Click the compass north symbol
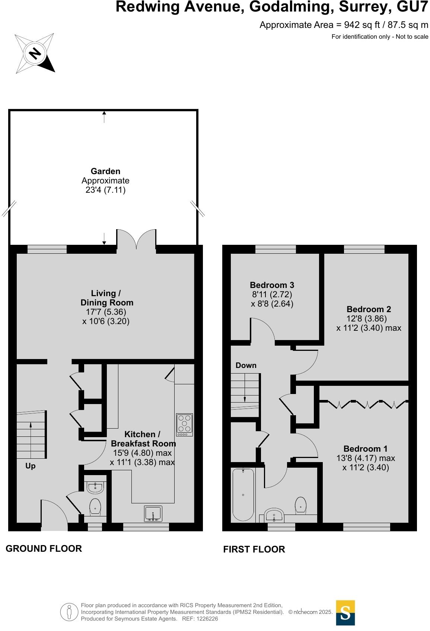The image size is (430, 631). (35, 53)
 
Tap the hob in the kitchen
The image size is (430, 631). (184, 425)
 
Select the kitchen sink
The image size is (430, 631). (153, 514)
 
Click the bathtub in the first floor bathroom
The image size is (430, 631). (243, 494)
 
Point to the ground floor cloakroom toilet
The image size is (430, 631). (95, 506)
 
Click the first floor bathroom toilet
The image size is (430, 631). (301, 505)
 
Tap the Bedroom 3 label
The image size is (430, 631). (272, 285)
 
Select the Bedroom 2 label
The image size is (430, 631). (369, 309)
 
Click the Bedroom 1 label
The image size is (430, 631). (365, 449)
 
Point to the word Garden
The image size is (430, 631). (105, 171)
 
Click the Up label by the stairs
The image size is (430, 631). (31, 466)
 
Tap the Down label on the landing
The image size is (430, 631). (246, 365)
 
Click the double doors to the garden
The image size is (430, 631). (137, 239)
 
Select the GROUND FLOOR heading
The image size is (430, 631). (44, 548)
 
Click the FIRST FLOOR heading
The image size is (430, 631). (254, 549)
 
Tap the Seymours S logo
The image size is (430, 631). (345, 612)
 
